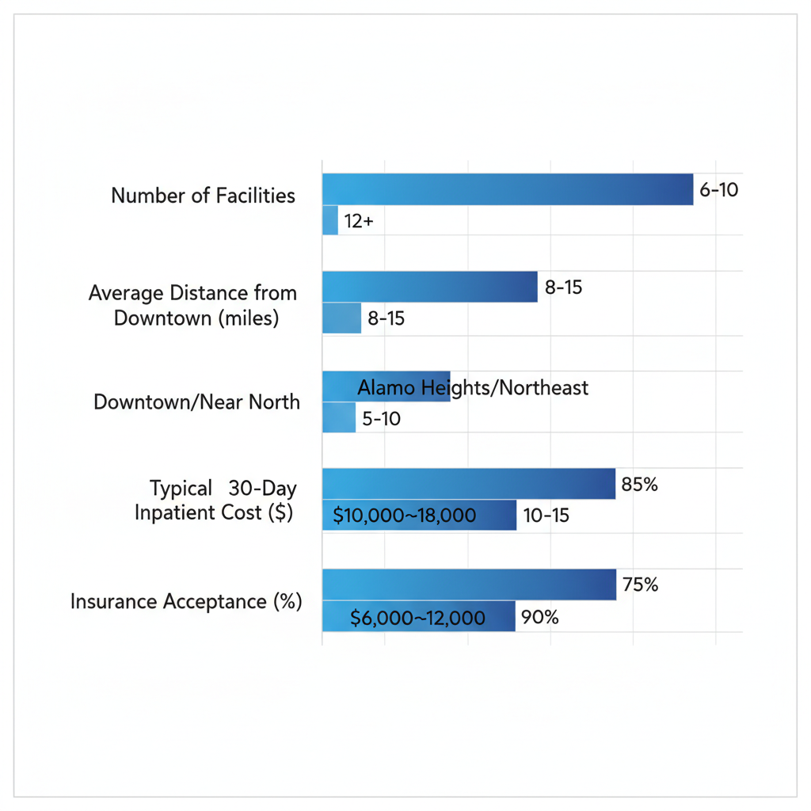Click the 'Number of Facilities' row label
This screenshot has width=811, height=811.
203,196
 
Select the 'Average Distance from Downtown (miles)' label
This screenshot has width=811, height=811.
192,306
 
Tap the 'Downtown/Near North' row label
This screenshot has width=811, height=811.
196,402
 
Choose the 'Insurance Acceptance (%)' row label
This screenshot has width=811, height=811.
186,601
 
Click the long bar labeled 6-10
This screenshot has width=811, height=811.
507,189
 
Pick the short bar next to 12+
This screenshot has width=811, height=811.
330,221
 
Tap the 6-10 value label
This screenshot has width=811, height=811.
718,190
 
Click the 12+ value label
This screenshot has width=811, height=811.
359,222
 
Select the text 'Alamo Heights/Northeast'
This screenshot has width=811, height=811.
473,387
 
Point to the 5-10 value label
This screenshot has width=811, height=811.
381,419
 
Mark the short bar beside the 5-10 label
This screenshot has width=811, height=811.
339,417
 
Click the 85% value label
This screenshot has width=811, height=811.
639,485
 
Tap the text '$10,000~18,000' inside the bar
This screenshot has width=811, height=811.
405,516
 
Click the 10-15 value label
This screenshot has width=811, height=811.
546,516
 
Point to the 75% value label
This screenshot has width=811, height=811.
640,585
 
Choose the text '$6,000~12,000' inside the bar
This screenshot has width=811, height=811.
417,618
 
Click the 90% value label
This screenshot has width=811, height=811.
540,617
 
